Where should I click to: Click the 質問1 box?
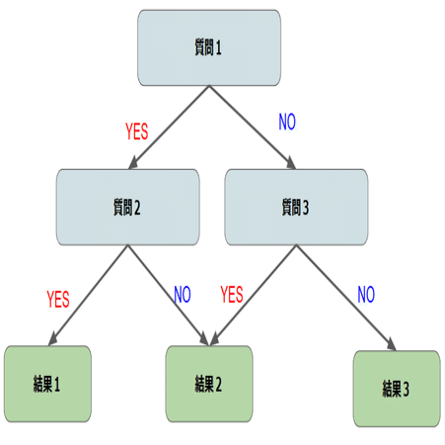tap(209, 47)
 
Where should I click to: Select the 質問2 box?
tap(127, 207)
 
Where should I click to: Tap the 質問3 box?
tap(296, 207)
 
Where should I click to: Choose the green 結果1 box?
tap(47, 384)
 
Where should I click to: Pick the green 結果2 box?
tap(209, 384)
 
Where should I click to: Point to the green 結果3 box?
tap(397, 389)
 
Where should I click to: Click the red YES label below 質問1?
tap(137, 131)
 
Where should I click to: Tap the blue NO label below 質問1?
tap(287, 122)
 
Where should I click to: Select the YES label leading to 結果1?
tap(58, 299)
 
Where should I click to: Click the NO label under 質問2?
tap(183, 294)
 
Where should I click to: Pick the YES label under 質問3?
tap(232, 294)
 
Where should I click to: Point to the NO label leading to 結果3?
tap(366, 294)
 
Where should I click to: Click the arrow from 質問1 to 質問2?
tap(169, 127)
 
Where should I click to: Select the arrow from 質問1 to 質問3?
tap(253, 127)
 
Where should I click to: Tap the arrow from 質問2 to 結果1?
tap(88, 295)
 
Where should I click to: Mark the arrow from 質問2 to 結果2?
tap(168, 295)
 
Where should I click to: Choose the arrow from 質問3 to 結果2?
tap(254, 295)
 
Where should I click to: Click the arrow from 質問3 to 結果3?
tap(346, 298)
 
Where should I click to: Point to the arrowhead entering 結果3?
tap(392, 344)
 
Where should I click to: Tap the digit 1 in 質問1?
tap(219, 47)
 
